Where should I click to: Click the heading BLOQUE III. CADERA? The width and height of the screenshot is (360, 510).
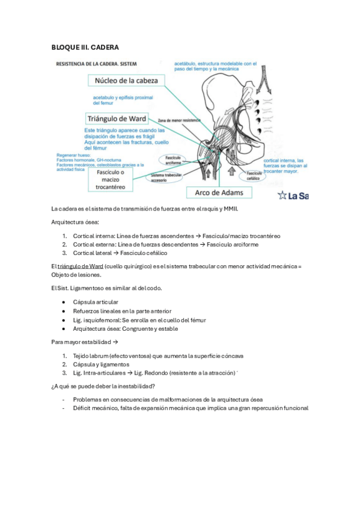(x=85, y=47)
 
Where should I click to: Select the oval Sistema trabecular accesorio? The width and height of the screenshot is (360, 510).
(x=166, y=177)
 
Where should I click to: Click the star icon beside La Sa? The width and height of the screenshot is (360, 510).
(x=282, y=195)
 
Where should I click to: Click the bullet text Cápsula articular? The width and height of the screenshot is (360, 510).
(x=96, y=302)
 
